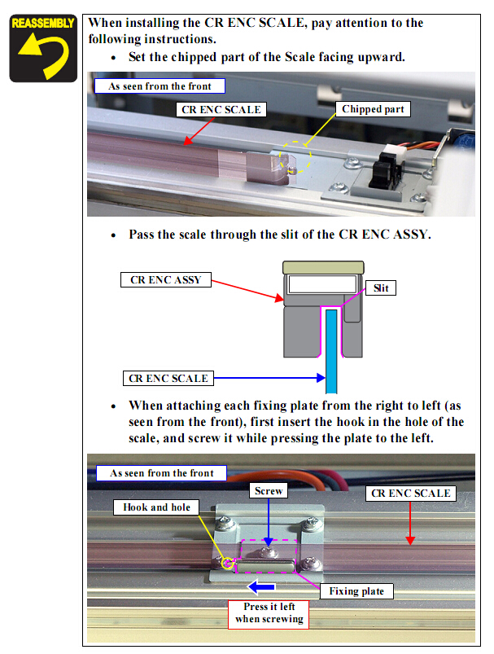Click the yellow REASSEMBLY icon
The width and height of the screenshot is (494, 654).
click(43, 48)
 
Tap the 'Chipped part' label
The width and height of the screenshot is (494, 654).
click(373, 109)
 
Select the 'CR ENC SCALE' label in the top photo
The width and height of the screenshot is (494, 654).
click(221, 110)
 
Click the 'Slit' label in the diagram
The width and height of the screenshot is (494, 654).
click(381, 287)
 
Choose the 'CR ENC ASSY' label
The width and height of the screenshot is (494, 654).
click(165, 280)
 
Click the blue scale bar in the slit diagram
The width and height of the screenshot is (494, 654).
click(331, 351)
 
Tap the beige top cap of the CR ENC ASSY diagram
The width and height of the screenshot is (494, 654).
click(323, 267)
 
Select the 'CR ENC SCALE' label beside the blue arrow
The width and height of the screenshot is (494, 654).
click(168, 378)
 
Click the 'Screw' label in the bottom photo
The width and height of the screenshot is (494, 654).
click(269, 491)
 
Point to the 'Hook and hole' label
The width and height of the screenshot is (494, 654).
click(156, 507)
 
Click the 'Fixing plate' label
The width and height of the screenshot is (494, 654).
click(356, 591)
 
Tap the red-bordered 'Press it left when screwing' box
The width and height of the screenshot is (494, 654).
click(269, 614)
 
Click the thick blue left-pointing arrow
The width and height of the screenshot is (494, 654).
click(261, 587)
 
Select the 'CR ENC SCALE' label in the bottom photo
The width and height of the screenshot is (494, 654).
click(411, 494)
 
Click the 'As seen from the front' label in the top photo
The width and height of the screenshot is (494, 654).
click(160, 86)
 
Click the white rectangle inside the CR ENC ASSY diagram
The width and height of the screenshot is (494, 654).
click(322, 284)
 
